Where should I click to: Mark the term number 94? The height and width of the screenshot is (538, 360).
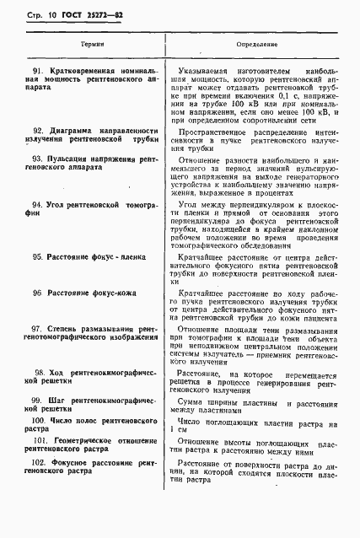[37, 205]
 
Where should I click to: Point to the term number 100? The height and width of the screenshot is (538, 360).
[38, 418]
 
